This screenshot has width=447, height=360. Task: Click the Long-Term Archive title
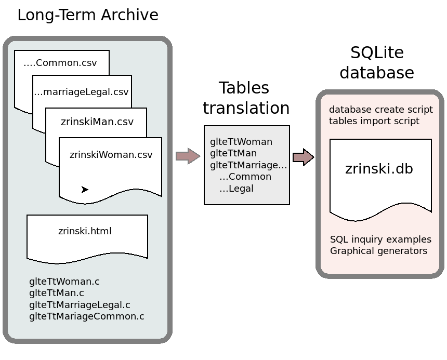87,15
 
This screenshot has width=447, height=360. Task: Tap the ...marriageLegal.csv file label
81,92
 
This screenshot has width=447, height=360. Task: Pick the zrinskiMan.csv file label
97,122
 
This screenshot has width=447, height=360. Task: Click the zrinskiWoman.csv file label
111,155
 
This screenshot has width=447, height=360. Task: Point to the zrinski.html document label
85,231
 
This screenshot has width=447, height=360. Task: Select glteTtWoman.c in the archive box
64,282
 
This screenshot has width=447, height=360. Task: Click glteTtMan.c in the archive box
57,293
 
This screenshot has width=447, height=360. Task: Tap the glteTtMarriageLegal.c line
80,304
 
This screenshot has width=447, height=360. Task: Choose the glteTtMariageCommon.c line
87,316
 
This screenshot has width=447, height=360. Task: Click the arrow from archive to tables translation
188,156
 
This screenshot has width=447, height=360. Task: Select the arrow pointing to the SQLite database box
303,157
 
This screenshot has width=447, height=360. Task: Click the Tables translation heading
245,98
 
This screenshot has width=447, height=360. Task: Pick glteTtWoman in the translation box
241,141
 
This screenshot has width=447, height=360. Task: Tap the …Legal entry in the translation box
236,189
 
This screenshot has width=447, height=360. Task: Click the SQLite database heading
377,62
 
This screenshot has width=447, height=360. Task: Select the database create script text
380,110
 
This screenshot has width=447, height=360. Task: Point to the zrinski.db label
379,169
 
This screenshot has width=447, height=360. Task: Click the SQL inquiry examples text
380,239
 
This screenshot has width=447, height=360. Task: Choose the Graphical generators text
378,251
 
